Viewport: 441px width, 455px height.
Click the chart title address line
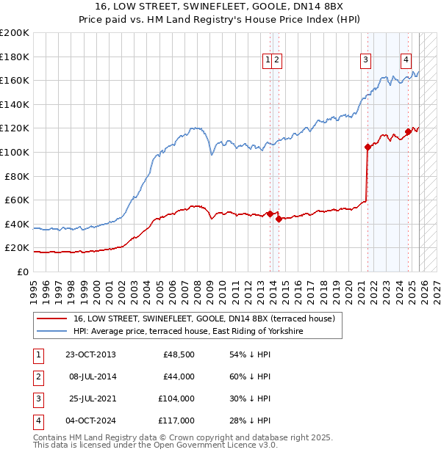click(220, 7)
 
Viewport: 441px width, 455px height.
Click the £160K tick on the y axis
click(15, 80)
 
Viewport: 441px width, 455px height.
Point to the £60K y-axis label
click(17, 200)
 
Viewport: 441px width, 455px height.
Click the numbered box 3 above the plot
click(365, 62)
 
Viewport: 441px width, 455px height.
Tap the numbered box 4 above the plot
click(406, 62)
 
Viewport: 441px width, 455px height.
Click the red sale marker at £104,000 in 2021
click(367, 147)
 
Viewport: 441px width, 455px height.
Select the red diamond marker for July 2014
click(279, 219)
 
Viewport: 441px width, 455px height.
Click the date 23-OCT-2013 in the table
click(90, 354)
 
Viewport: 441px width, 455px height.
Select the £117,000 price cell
click(176, 421)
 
